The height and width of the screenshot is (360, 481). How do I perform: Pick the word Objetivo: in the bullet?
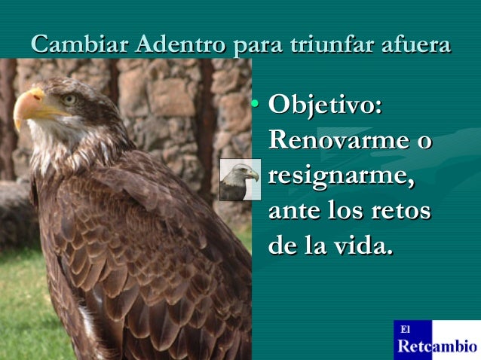click(x=325, y=105)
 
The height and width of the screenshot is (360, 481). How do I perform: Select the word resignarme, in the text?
click(x=341, y=176)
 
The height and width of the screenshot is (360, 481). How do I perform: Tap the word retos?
click(x=402, y=211)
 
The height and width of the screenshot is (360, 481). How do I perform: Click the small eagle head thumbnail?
click(x=240, y=179)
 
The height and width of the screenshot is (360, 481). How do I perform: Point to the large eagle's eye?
click(x=69, y=99)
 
